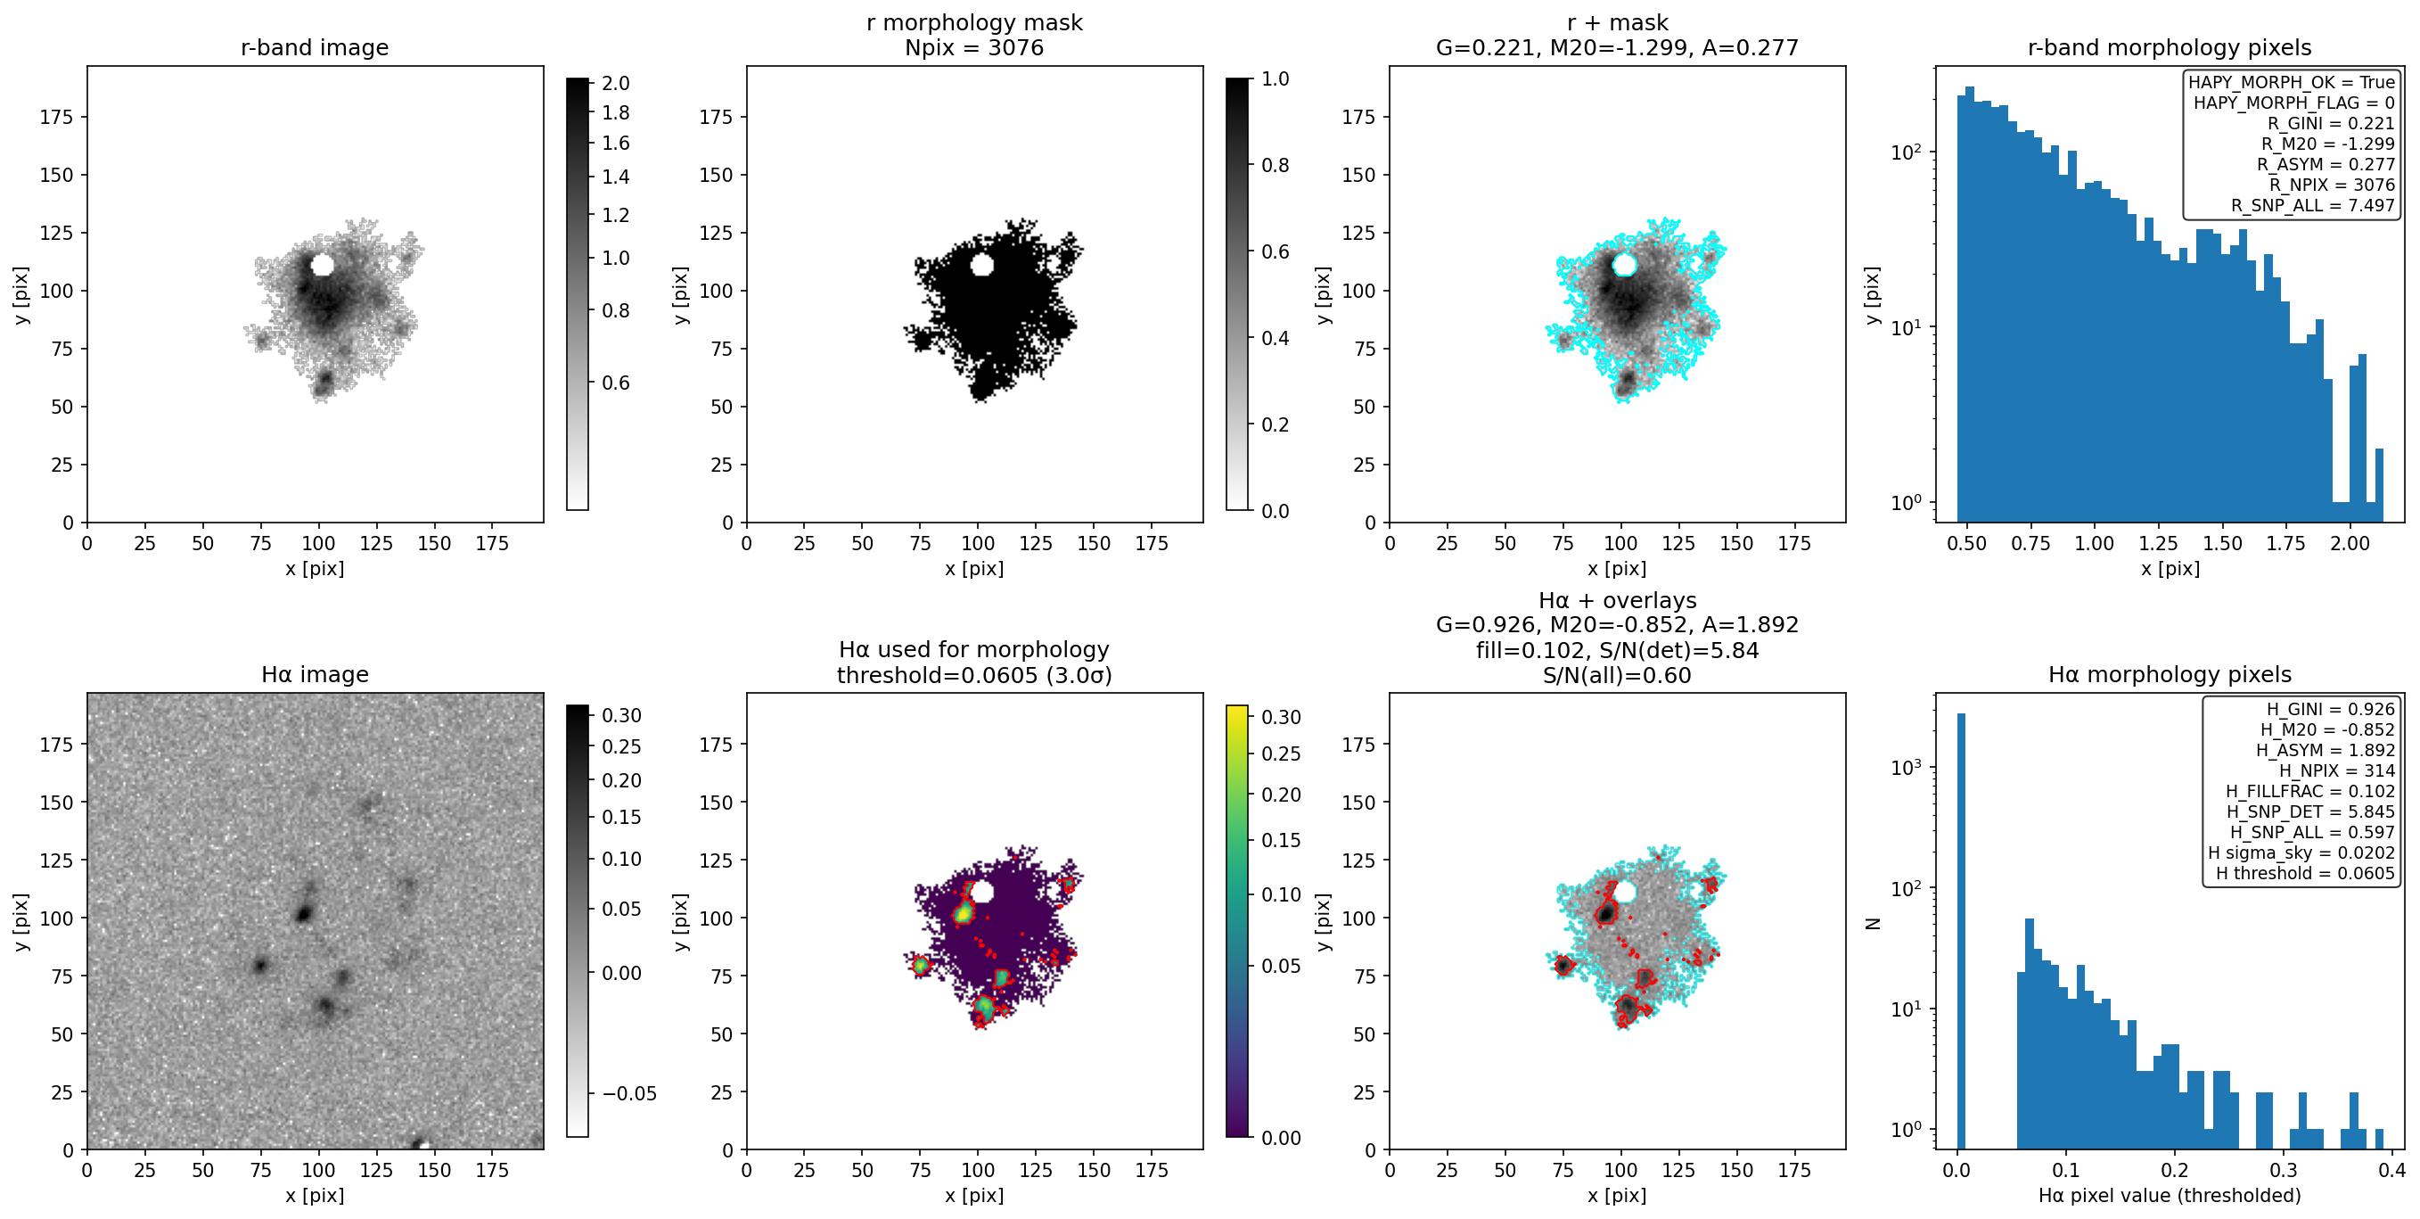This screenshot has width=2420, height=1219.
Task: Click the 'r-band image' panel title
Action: click(315, 47)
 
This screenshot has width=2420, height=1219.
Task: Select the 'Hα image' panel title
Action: click(315, 674)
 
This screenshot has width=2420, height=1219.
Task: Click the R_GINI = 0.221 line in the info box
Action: click(2331, 123)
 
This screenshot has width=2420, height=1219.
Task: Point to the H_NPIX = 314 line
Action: click(2337, 770)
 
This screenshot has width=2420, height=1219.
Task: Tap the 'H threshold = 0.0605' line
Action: click(2305, 873)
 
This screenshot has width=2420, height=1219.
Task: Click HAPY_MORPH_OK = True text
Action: click(2292, 82)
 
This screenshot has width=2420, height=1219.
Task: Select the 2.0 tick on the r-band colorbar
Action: click(615, 84)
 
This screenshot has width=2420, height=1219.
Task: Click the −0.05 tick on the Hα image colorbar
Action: click(628, 1093)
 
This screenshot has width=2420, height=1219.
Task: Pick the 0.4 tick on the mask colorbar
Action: click(1275, 338)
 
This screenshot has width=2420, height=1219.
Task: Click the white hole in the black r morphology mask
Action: click(981, 265)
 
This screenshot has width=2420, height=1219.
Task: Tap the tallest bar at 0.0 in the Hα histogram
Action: click(1962, 930)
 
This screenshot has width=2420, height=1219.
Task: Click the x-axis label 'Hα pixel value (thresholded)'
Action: click(2170, 1196)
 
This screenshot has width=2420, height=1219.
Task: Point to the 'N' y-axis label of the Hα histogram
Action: click(1874, 923)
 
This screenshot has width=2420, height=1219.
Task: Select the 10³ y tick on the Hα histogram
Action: click(1907, 768)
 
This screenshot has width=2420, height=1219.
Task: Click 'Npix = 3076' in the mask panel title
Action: click(974, 47)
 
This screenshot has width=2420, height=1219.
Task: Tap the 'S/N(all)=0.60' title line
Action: click(1617, 675)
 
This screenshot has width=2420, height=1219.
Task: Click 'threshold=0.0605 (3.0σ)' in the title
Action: click(974, 675)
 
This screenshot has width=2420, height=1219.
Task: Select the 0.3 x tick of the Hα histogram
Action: click(2284, 1170)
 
